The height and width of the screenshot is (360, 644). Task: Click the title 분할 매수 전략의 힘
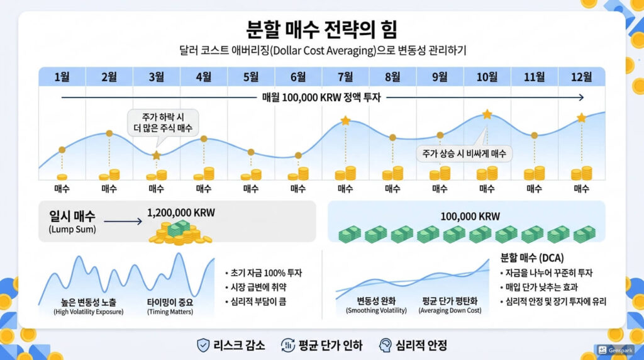321,29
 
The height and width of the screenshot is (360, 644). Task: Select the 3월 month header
156,77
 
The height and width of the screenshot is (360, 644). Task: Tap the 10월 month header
487,77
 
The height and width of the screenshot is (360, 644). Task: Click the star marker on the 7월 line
345,120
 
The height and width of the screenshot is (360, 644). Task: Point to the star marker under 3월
156,155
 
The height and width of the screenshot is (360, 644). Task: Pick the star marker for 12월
581,118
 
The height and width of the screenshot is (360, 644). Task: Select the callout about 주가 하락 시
162,121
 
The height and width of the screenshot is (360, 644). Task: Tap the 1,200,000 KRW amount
180,213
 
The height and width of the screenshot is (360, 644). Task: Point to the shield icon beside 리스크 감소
203,345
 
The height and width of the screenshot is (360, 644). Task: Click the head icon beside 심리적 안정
385,345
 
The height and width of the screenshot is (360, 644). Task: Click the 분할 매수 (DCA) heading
531,258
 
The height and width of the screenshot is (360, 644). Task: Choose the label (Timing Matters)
170,312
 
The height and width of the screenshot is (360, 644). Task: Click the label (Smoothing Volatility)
376,310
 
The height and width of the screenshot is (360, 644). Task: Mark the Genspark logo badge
613,349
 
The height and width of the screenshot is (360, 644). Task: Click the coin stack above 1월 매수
62,177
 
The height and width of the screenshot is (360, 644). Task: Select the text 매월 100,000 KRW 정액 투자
321,98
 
